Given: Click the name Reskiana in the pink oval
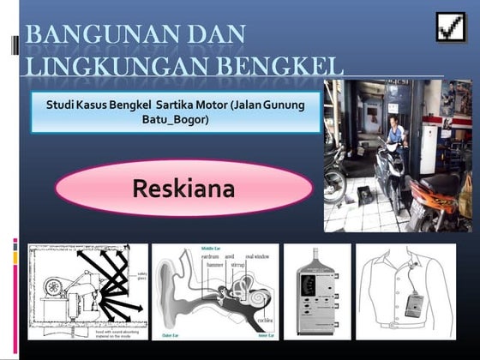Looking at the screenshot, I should pyautogui.click(x=184, y=188).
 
